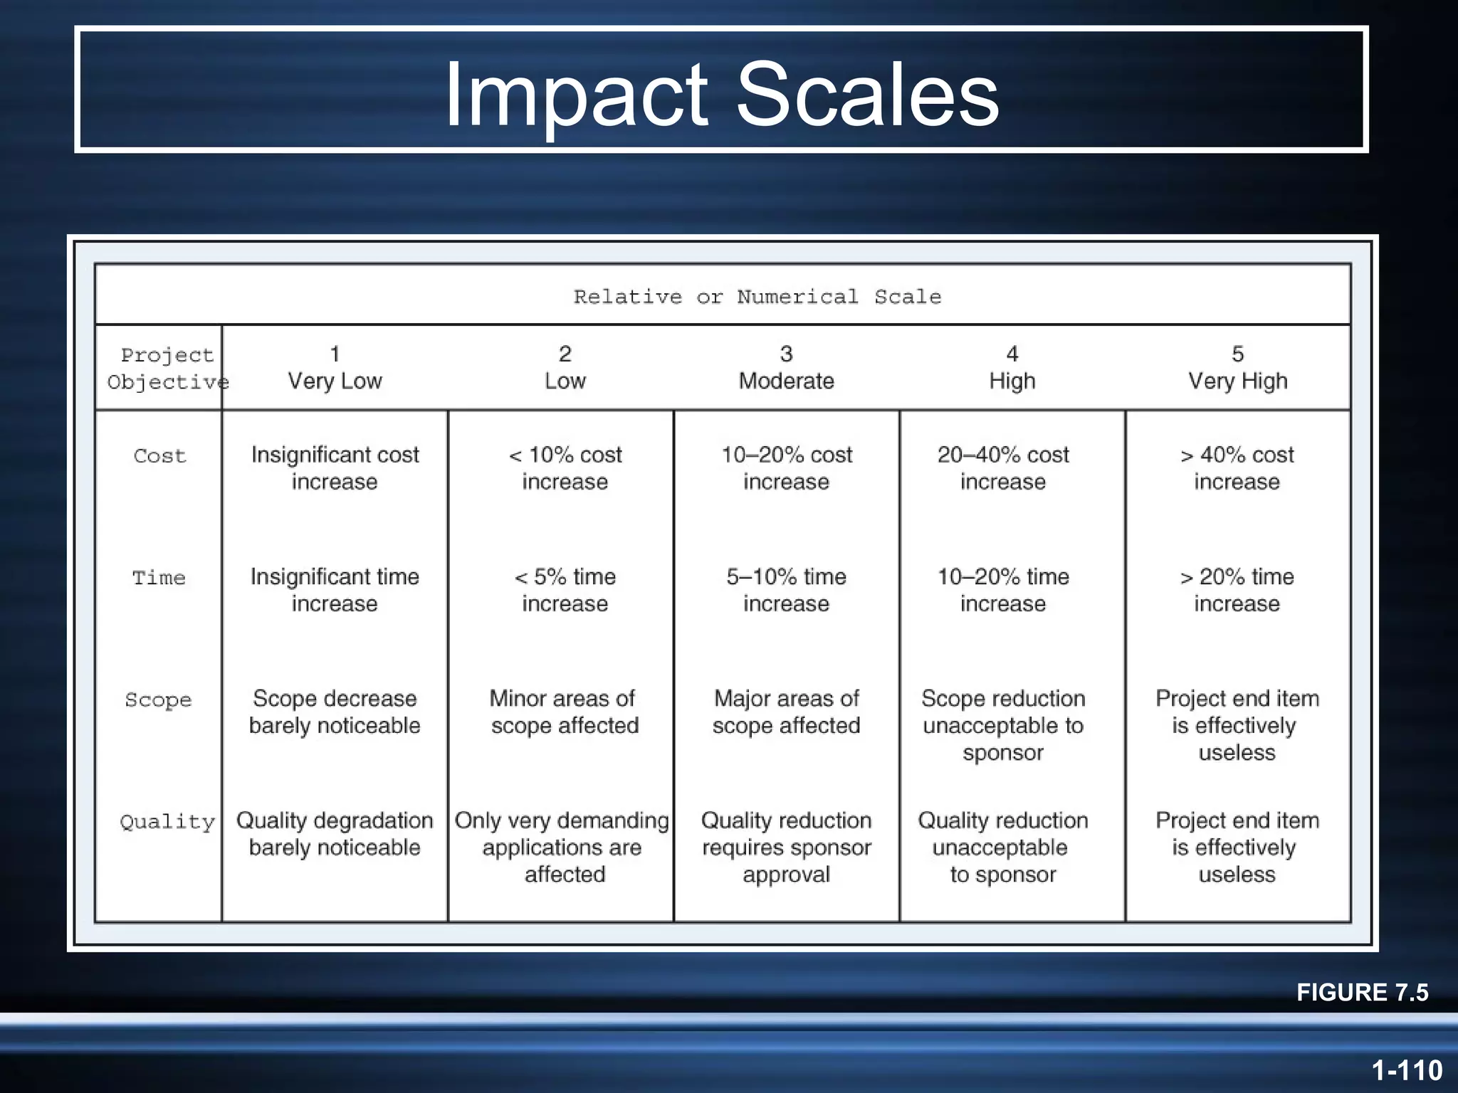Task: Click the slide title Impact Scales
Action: tap(721, 94)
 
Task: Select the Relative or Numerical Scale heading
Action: tap(757, 297)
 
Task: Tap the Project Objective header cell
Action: tap(167, 369)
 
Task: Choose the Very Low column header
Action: tap(335, 368)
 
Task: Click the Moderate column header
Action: tap(786, 368)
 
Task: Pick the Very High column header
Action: tap(1237, 368)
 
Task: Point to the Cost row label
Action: tap(159, 455)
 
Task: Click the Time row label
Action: tap(159, 577)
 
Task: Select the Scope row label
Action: tap(158, 699)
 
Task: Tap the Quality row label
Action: tap(167, 822)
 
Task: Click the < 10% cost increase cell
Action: tap(565, 468)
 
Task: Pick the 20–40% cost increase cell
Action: tap(1002, 468)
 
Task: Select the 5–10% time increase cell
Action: tap(786, 590)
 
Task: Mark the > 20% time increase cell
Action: tap(1237, 590)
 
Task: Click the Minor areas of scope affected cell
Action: tap(564, 712)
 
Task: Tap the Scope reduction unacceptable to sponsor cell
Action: tap(1002, 725)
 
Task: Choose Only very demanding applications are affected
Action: tap(562, 847)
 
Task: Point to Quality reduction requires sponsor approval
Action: tap(786, 847)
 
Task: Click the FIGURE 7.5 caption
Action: tap(1362, 992)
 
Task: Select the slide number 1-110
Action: tap(1407, 1070)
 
